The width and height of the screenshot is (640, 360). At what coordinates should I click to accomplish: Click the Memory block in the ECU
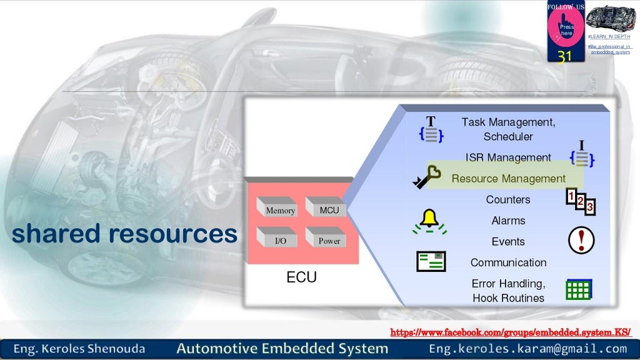tap(278, 209)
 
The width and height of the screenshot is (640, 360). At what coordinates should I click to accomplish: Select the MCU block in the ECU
tap(327, 209)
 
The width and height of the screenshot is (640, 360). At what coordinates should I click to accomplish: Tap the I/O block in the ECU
tap(278, 239)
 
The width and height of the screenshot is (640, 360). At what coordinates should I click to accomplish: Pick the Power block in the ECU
tap(327, 239)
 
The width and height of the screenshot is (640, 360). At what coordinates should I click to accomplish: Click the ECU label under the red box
tap(301, 277)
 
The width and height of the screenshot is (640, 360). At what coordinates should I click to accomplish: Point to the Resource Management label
tap(508, 179)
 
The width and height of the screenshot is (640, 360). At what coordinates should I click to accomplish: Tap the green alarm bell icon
tap(429, 220)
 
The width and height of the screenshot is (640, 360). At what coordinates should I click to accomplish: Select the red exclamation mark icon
tap(581, 240)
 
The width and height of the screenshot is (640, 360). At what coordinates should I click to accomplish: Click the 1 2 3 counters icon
tap(580, 201)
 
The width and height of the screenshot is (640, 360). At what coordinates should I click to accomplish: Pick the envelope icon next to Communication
tap(431, 261)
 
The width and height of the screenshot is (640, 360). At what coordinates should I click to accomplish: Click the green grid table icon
tap(578, 289)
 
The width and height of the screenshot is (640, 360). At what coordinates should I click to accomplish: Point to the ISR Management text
tap(508, 157)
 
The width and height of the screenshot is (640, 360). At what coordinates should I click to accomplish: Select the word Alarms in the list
tap(508, 221)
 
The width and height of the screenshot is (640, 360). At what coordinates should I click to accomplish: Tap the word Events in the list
tap(508, 242)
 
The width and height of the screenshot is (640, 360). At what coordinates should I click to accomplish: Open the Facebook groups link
tap(510, 332)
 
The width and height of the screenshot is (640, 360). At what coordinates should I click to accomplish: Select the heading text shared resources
tap(125, 234)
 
